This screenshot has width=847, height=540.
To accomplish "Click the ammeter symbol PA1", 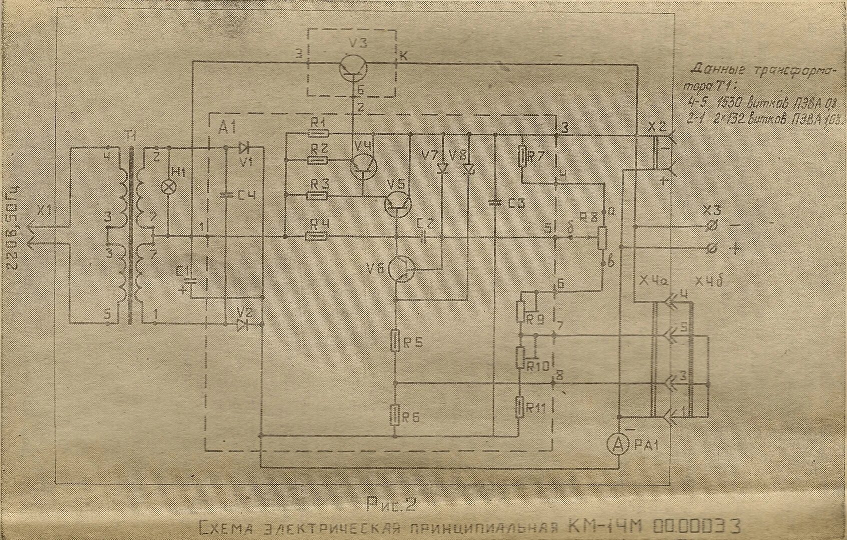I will (x=619, y=443).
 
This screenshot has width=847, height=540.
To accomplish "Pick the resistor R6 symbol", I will (x=395, y=414).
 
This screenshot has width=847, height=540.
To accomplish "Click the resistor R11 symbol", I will (x=520, y=406).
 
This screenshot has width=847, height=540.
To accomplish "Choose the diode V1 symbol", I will (x=245, y=147).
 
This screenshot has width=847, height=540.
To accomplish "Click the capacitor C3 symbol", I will (x=495, y=202).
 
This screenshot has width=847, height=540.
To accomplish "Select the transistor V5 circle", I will (x=398, y=203).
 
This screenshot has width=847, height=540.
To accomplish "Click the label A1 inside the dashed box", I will (x=227, y=127).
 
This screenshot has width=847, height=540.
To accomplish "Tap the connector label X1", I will (x=46, y=211).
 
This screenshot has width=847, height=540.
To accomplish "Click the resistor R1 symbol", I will (x=318, y=133).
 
